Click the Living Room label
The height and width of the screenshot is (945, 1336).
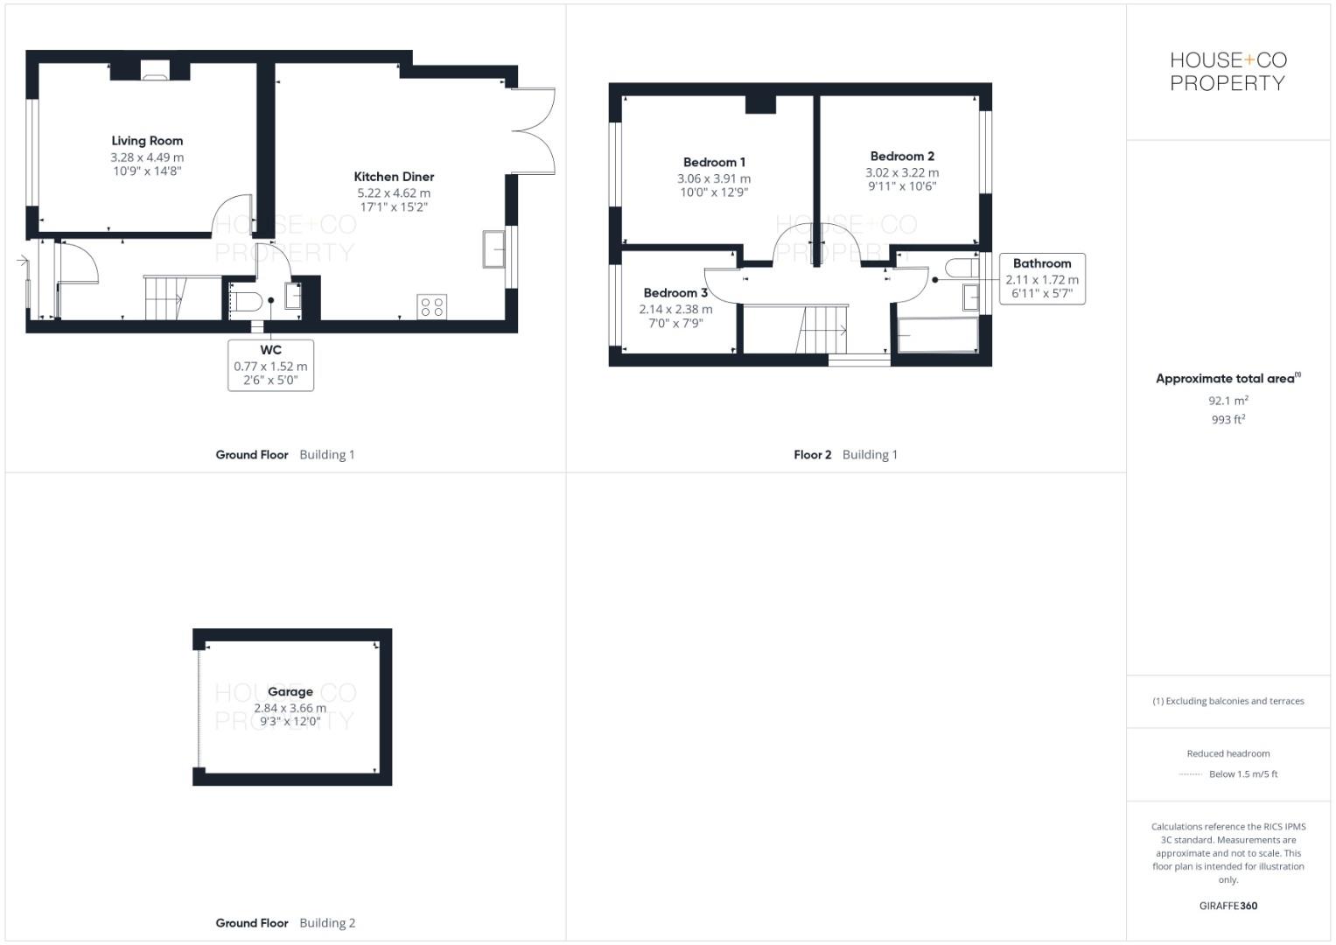[x=147, y=141]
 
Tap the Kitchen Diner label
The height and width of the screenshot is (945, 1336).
[x=394, y=177]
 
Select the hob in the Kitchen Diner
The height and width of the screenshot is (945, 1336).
[x=432, y=307]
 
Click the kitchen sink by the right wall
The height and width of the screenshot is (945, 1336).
[x=493, y=249]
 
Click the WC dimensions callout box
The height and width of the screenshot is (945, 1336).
[x=270, y=366]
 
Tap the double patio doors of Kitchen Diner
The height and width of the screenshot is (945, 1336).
[x=533, y=131]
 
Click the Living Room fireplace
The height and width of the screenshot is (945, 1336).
[x=155, y=72]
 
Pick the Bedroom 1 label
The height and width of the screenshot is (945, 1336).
[x=714, y=163]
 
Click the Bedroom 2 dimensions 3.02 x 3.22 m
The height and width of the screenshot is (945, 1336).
[x=902, y=173]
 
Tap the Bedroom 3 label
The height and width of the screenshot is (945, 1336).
[x=675, y=293]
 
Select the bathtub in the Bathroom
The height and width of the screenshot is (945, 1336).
[x=938, y=335]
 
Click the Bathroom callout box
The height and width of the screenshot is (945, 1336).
[x=1042, y=278]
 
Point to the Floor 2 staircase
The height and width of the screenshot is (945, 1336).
[x=825, y=329]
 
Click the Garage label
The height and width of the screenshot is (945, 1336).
[x=290, y=692]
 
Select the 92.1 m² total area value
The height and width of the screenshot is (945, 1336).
[x=1228, y=401]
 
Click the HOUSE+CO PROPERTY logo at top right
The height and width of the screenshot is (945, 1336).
[x=1228, y=72]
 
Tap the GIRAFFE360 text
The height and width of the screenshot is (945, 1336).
[x=1228, y=906]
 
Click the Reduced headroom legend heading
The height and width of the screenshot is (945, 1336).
[x=1228, y=753]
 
